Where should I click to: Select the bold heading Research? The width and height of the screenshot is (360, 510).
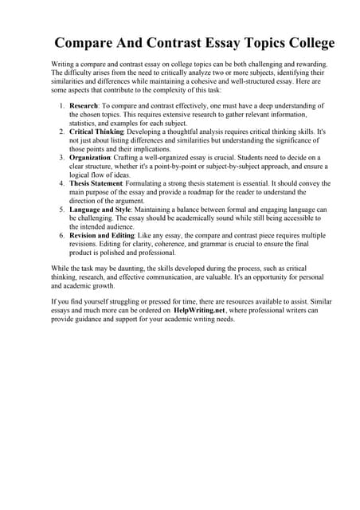click(84, 105)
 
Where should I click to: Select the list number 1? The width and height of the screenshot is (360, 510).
click(62, 105)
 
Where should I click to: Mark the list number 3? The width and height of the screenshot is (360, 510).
click(62, 158)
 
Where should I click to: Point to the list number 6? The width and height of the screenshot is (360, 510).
click(62, 236)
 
